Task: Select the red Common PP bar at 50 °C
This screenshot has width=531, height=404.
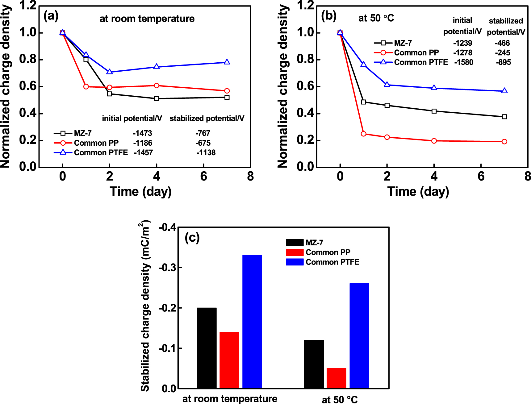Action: click(336, 378)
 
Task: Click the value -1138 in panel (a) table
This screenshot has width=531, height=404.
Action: click(206, 152)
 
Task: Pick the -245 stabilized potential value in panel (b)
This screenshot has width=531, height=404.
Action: click(503, 53)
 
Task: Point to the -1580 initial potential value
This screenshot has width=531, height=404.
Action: click(464, 62)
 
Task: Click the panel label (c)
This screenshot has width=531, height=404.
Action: click(192, 238)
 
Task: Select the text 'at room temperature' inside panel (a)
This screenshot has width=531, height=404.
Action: click(147, 19)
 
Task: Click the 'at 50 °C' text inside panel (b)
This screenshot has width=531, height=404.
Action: click(376, 18)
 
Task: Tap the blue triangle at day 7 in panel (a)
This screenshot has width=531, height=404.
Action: click(227, 62)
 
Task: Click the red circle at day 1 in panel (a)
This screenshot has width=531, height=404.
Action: click(86, 87)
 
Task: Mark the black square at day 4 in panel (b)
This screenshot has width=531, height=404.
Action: click(434, 111)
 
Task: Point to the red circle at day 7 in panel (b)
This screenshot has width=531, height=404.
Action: click(504, 142)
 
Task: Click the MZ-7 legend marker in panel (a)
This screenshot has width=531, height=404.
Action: click(63, 133)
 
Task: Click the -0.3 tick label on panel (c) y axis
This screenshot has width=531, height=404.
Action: click(167, 268)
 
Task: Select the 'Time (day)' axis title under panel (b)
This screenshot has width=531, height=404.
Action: click(418, 192)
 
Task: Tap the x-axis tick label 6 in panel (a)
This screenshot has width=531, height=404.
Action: click(203, 176)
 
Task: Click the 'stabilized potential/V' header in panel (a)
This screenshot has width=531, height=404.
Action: click(207, 119)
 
